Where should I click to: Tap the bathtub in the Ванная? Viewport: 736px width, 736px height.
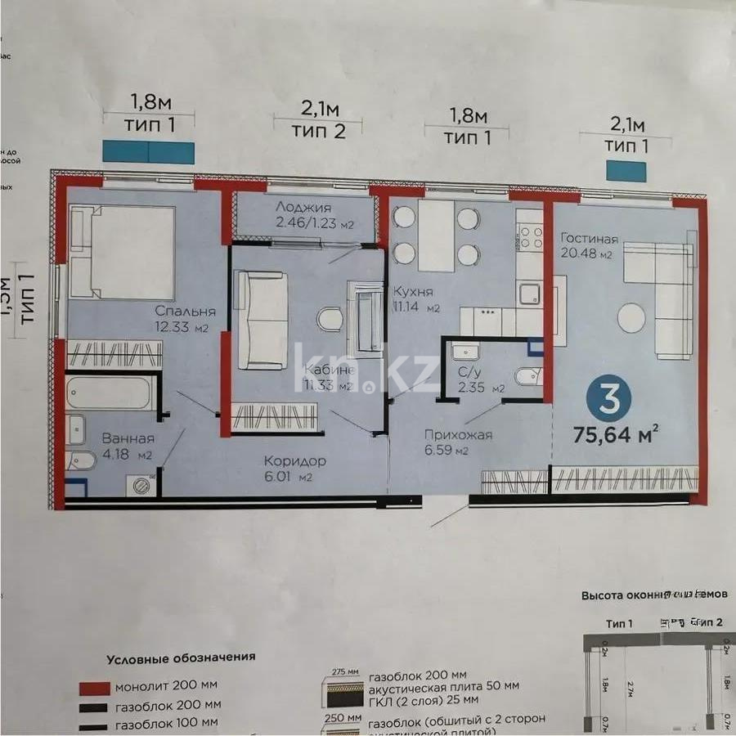110,393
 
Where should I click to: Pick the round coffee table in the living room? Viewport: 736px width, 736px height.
632,317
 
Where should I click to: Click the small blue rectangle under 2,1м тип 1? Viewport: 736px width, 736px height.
625,171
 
